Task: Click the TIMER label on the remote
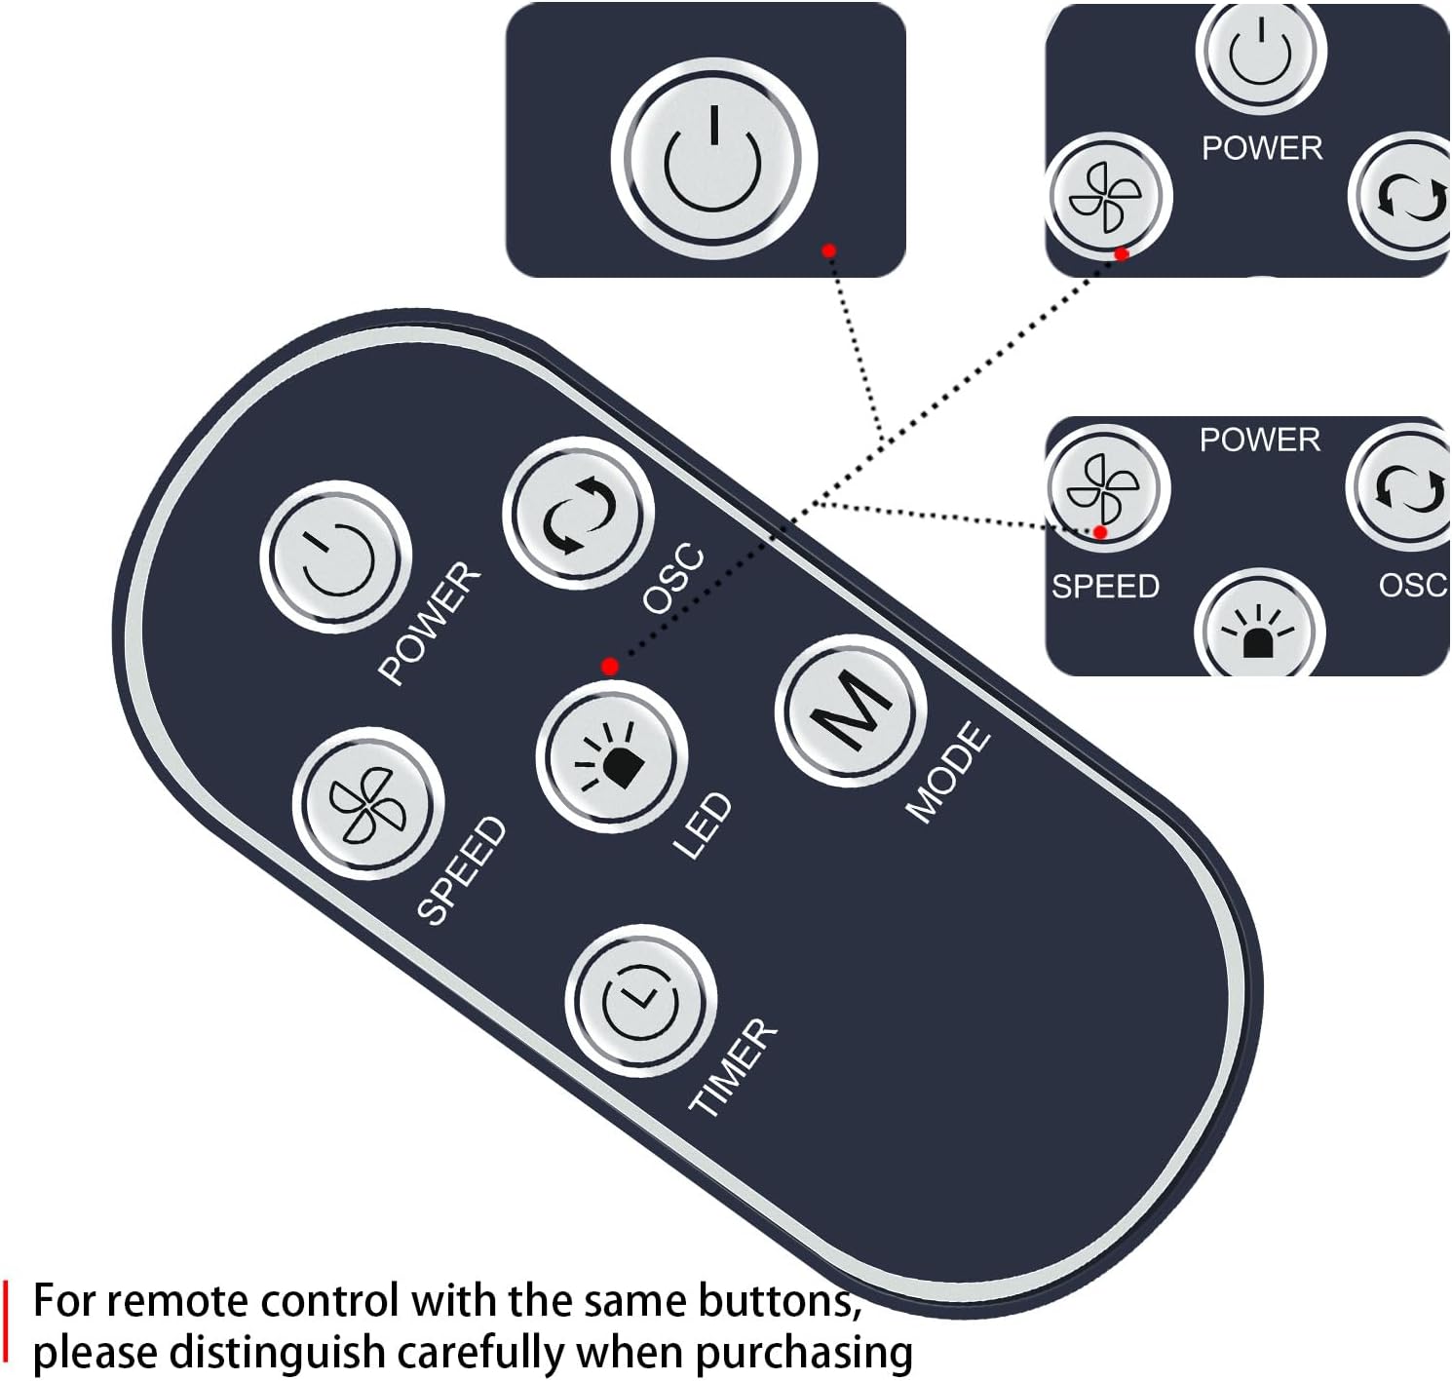733,1067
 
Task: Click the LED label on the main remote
703,825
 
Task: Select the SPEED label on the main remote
462,870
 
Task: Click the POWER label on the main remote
429,624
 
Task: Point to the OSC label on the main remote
672,579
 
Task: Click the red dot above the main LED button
610,667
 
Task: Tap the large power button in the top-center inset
712,158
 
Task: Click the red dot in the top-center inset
828,251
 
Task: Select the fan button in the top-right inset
1108,195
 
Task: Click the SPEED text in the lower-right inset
1105,586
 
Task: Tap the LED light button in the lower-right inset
1259,630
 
